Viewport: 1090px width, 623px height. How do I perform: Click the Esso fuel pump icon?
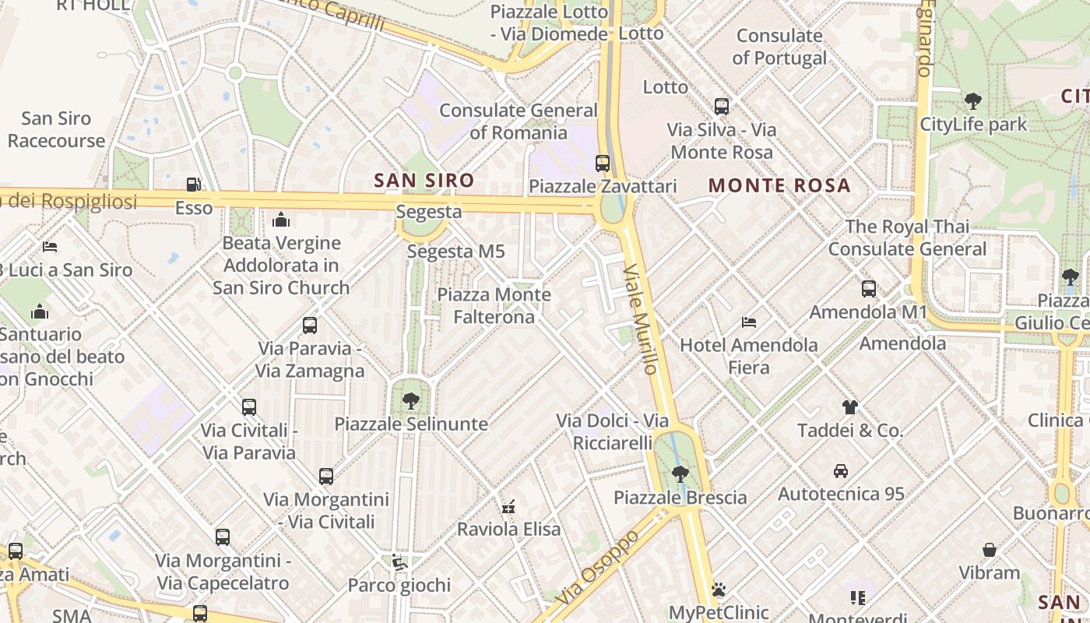[x=193, y=185]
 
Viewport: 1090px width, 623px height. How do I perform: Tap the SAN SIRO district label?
[x=424, y=181]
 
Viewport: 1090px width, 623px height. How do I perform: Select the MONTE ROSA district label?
[x=779, y=185]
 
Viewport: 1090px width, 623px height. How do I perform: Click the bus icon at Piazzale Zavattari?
[x=602, y=163]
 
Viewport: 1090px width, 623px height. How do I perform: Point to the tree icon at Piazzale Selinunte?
[x=410, y=401]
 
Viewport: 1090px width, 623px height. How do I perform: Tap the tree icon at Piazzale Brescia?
[x=680, y=473]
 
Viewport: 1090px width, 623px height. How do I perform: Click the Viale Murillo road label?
[x=642, y=319]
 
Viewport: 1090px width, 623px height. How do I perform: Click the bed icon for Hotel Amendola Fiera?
[x=749, y=322]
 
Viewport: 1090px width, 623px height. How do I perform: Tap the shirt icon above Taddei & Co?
[x=849, y=407]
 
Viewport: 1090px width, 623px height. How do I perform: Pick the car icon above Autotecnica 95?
[x=841, y=470]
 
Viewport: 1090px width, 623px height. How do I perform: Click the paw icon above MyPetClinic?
[x=718, y=590]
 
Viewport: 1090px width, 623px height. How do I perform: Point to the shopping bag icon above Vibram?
[x=989, y=550]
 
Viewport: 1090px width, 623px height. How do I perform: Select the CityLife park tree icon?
[x=972, y=100]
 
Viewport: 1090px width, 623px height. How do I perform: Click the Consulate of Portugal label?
[x=779, y=47]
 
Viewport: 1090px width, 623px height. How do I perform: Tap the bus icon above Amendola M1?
[x=869, y=289]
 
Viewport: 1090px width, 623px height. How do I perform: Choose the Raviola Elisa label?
[x=508, y=530]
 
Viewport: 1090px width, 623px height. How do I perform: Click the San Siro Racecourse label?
[x=56, y=129]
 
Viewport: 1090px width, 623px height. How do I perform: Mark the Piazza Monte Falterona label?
[x=494, y=306]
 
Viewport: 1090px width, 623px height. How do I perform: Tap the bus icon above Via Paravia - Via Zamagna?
[x=310, y=326]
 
